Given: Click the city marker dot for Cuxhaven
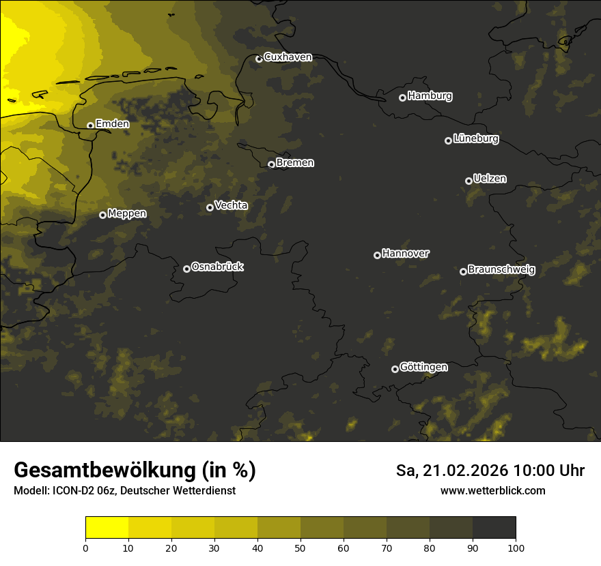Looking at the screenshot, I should pyautogui.click(x=259, y=59).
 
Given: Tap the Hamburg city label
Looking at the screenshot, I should pyautogui.click(x=430, y=96).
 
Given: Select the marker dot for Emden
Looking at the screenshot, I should pyautogui.click(x=90, y=125).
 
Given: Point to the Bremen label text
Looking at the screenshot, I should pyautogui.click(x=295, y=163).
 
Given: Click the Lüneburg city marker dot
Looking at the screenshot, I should pyautogui.click(x=448, y=140).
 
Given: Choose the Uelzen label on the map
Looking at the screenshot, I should pyautogui.click(x=490, y=179).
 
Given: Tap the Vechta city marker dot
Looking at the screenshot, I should pyautogui.click(x=210, y=207).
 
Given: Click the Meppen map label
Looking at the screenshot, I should pyautogui.click(x=127, y=213).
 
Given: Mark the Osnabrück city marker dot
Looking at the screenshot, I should pyautogui.click(x=186, y=269).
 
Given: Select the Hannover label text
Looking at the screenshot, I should pyautogui.click(x=406, y=254).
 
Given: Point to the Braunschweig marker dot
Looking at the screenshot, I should pyautogui.click(x=463, y=271).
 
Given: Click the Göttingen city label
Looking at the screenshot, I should pyautogui.click(x=423, y=368).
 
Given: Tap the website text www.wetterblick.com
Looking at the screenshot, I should pyautogui.click(x=493, y=490).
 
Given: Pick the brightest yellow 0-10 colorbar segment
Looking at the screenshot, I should pyautogui.click(x=107, y=528).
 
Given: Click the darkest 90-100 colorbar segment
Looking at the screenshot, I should pyautogui.click(x=494, y=528).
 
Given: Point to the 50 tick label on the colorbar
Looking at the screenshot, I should pyautogui.click(x=300, y=547).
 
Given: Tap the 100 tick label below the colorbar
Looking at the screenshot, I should pyautogui.click(x=516, y=547).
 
